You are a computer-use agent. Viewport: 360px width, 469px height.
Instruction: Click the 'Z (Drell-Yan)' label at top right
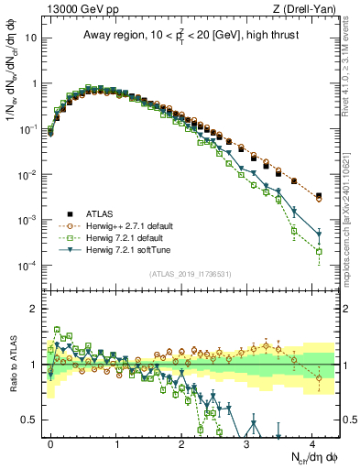point(307,9)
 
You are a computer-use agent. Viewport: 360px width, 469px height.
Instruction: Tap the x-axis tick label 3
point(247,442)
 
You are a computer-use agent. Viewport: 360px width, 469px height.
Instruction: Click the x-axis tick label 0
point(50,442)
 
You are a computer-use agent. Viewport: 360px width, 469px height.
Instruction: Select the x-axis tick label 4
point(312,442)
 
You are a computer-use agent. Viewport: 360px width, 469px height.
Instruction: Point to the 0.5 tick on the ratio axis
point(31,420)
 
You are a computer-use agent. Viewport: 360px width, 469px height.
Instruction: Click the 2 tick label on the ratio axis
point(35,309)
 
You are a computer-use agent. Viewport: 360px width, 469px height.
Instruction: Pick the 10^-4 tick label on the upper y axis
point(27,266)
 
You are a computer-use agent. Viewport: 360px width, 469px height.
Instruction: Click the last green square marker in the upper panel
point(319,251)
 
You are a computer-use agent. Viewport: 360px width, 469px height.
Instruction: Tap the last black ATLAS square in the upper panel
point(319,196)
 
